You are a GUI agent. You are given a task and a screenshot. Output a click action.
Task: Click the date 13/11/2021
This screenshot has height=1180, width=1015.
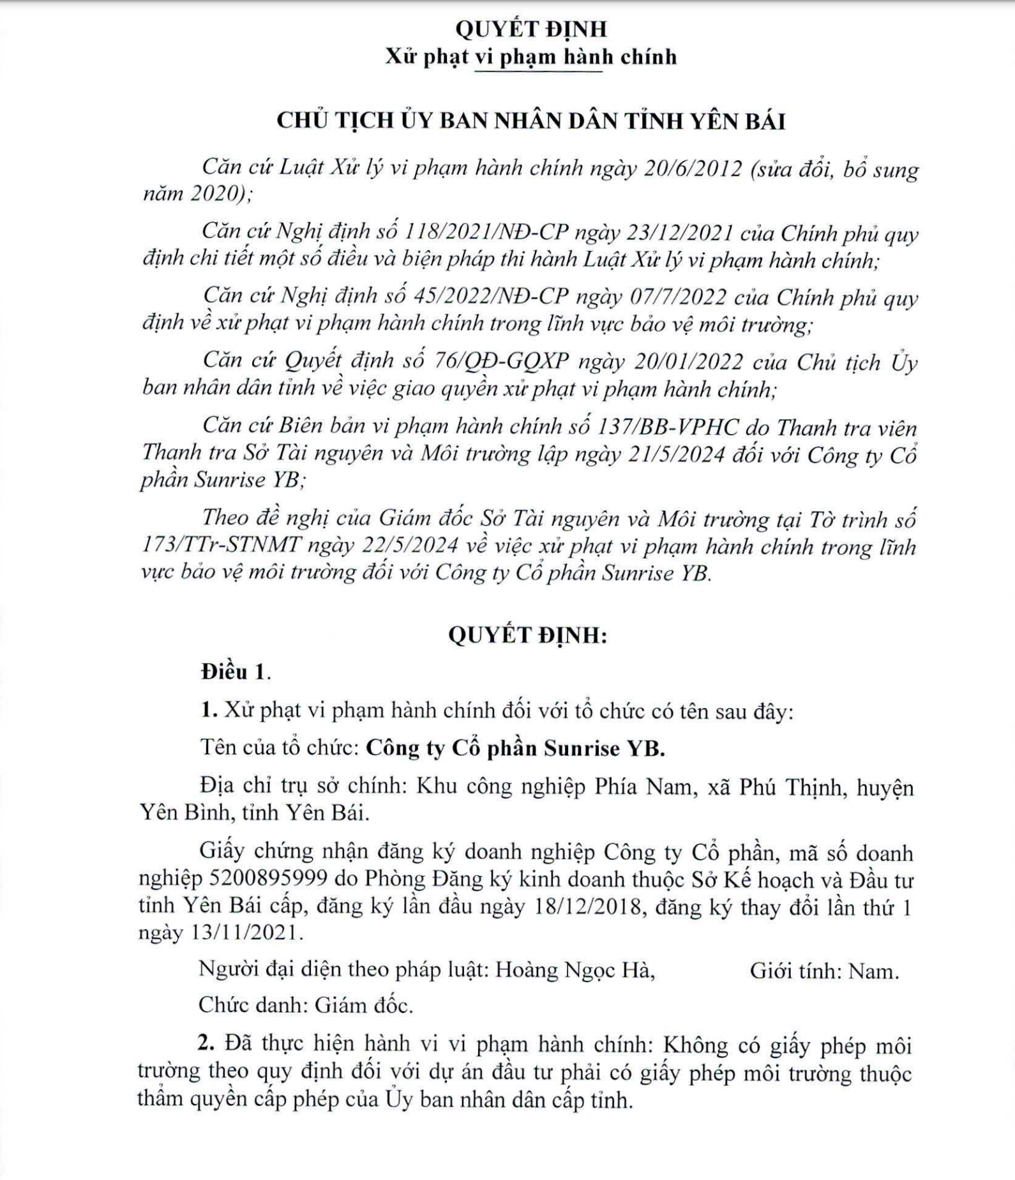[x=243, y=933]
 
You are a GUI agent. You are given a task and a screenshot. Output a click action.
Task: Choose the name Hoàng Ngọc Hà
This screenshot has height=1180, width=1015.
[x=575, y=971]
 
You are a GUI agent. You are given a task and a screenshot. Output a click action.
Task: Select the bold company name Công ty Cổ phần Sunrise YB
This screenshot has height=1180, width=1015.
[x=515, y=748]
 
